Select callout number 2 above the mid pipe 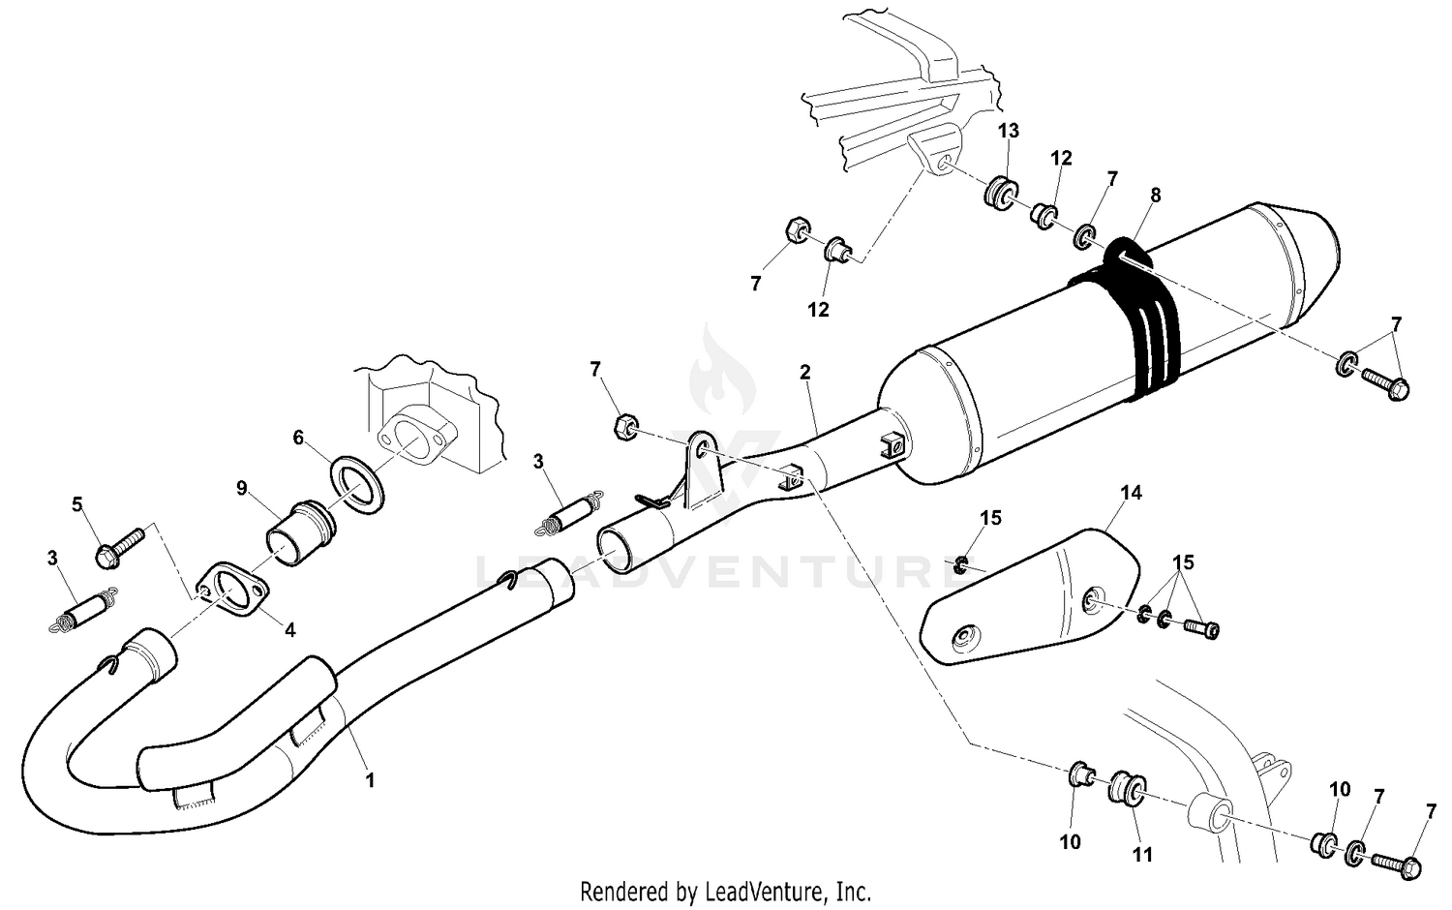(804, 372)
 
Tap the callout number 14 (1131, 493)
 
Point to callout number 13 (1009, 131)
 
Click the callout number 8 (1155, 196)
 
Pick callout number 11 (1143, 854)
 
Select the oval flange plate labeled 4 (232, 593)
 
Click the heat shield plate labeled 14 (1026, 600)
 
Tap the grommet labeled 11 (1124, 788)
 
